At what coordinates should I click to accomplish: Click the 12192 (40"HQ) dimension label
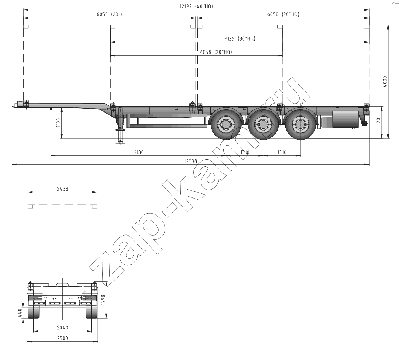point(196,6)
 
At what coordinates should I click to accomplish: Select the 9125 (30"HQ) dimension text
point(240,38)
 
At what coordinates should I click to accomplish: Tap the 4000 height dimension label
point(385,82)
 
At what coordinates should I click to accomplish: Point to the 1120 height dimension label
point(378,123)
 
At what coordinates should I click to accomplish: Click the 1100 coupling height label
point(58,123)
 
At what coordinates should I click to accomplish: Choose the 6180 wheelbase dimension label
point(138,152)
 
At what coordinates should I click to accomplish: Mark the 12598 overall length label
point(191,161)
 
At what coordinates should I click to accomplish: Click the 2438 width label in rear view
point(63,189)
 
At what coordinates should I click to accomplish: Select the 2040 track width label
point(62,327)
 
